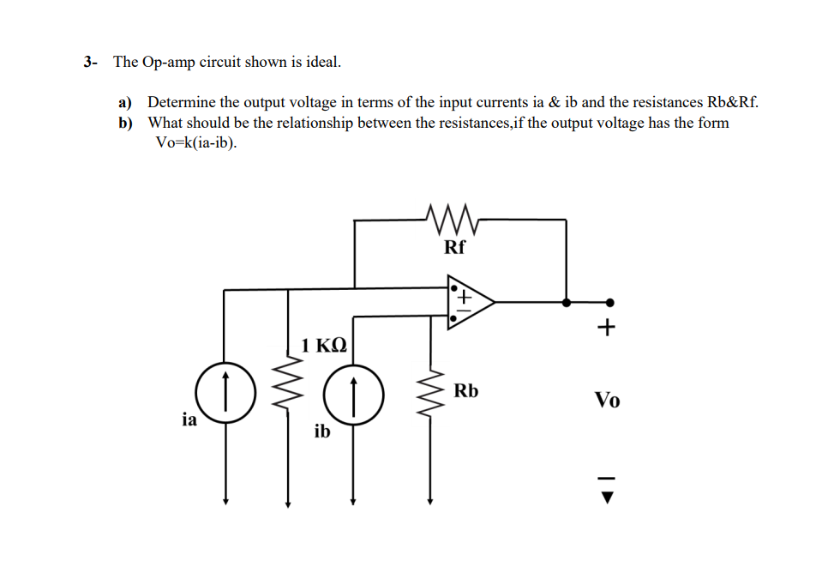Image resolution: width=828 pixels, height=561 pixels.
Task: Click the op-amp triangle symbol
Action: pos(467,302)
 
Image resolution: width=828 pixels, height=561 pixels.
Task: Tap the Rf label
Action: pos(455,249)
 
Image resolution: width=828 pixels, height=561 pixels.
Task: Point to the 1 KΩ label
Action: pos(324,346)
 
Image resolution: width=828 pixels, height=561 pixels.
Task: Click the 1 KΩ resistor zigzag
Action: pos(287,390)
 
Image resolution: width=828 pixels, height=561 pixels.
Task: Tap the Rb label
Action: pos(466,391)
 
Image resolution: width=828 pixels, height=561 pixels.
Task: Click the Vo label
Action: pos(608,400)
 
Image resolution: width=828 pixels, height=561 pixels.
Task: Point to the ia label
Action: pos(189,419)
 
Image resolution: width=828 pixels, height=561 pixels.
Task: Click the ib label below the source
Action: pos(321,431)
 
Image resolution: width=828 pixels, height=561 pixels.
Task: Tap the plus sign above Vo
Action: pos(608,328)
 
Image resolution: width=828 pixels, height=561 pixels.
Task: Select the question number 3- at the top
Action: pos(91,62)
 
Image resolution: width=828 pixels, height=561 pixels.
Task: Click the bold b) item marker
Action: pos(126,123)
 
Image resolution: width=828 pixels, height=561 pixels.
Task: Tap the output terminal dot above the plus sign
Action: pos(609,302)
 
